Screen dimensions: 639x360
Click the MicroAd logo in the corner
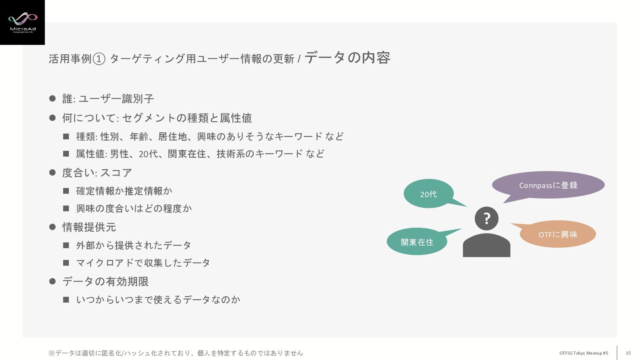[22, 22]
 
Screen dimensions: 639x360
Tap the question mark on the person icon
[487, 218]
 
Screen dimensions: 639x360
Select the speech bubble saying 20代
[428, 194]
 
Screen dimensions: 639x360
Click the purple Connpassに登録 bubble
[548, 185]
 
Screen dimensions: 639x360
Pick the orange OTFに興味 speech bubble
[558, 234]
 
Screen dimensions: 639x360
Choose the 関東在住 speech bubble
[417, 242]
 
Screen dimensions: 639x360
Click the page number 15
[628, 353]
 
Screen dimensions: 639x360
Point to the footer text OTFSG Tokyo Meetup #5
[583, 353]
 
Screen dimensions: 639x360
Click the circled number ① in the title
[99, 59]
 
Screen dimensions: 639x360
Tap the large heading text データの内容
[347, 58]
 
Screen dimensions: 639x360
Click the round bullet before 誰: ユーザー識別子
[52, 98]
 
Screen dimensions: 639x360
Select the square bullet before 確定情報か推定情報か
[66, 191]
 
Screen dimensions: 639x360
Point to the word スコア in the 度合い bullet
[116, 173]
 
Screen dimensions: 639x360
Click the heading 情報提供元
[89, 227]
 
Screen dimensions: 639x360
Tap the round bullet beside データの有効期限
[52, 281]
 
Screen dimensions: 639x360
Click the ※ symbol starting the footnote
[52, 353]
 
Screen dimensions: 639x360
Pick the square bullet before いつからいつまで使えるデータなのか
[66, 300]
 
